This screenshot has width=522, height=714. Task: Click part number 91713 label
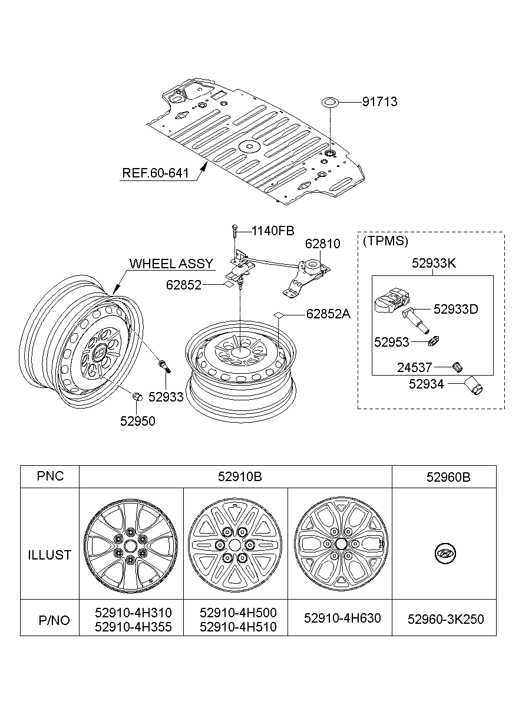point(379,102)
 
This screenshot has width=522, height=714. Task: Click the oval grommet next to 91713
point(330,102)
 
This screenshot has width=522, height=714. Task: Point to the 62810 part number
point(322,244)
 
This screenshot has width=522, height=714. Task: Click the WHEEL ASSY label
point(171,263)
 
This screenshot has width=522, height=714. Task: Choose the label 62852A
point(328,314)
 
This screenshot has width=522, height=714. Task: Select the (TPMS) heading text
point(385,241)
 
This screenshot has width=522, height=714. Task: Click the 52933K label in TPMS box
point(434,264)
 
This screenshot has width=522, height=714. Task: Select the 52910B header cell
point(235,476)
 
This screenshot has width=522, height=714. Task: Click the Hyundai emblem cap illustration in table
point(445,554)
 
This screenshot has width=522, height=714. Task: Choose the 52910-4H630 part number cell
point(342,618)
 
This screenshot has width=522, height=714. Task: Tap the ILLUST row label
point(49,555)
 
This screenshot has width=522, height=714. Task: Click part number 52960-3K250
point(445,619)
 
